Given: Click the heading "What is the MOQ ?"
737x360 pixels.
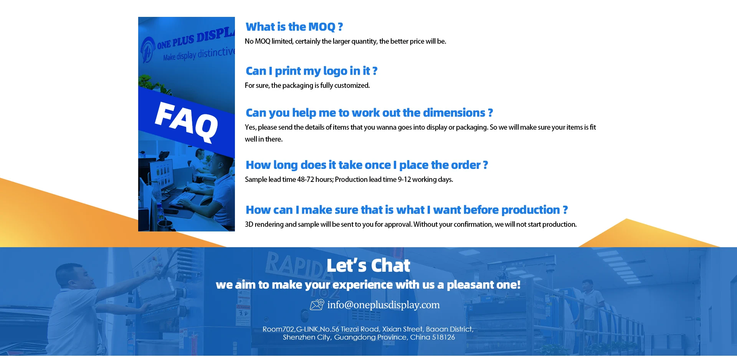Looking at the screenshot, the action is [294, 27].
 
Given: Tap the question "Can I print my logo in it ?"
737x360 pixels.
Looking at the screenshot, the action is [311, 71].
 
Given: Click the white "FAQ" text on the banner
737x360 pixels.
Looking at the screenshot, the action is [186, 122].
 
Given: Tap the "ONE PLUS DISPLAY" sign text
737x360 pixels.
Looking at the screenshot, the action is [195, 40].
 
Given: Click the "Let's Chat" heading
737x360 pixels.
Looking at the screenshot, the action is [368, 266].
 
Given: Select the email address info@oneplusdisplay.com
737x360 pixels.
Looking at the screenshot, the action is [383, 305].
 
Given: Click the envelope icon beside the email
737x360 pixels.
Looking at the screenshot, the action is [317, 305].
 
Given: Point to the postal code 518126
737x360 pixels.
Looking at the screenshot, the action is [443, 337].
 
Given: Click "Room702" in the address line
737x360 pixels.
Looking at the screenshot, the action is [278, 329].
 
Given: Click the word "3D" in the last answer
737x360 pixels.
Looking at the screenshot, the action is [249, 225].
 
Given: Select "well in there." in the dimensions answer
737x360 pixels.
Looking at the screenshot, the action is [264, 139].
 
